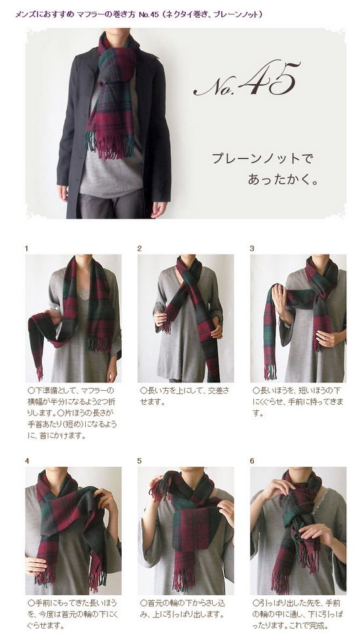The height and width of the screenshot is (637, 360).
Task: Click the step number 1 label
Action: tap(26, 249)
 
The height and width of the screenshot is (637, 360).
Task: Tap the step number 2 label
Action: tap(139, 249)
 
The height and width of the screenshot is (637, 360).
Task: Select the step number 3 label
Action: tap(252, 249)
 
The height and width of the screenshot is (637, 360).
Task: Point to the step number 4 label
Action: tap(27, 461)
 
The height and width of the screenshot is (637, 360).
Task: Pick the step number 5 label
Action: tap(139, 461)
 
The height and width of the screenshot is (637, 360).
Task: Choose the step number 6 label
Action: tap(252, 461)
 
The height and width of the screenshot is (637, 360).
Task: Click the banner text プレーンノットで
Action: tap(262, 158)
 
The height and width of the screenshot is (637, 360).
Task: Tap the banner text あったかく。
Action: tap(283, 179)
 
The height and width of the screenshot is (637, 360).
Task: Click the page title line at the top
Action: tap(139, 14)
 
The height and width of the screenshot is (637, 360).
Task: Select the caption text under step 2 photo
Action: tap(185, 397)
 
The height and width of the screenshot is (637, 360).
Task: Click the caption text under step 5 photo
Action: tap(183, 609)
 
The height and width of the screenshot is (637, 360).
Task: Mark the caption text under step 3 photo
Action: tap(298, 402)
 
